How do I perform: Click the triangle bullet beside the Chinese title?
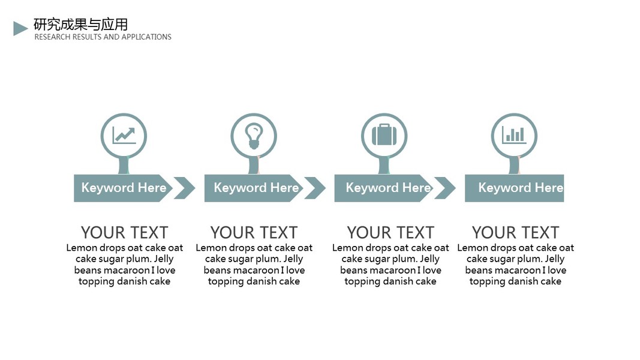[x=20, y=29]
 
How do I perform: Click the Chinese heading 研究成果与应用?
[x=81, y=25]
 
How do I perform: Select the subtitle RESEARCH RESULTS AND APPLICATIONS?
[x=103, y=37]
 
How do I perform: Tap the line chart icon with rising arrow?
[x=124, y=135]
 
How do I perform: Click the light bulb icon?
[x=254, y=136]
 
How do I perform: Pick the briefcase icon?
[x=384, y=134]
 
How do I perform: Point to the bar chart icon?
[x=514, y=134]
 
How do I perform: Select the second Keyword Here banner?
[x=254, y=188]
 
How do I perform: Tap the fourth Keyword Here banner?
[x=514, y=188]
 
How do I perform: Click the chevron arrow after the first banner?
[x=185, y=188]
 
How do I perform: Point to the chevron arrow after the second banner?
[x=316, y=188]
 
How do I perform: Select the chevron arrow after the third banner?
[x=445, y=188]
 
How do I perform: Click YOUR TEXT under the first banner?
[x=125, y=233]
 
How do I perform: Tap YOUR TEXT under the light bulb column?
[x=254, y=233]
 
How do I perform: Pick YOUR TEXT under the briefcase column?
[x=390, y=233]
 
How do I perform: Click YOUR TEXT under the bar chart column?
[x=515, y=233]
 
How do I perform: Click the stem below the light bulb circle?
[x=254, y=166]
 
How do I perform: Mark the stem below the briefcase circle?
[x=384, y=166]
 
